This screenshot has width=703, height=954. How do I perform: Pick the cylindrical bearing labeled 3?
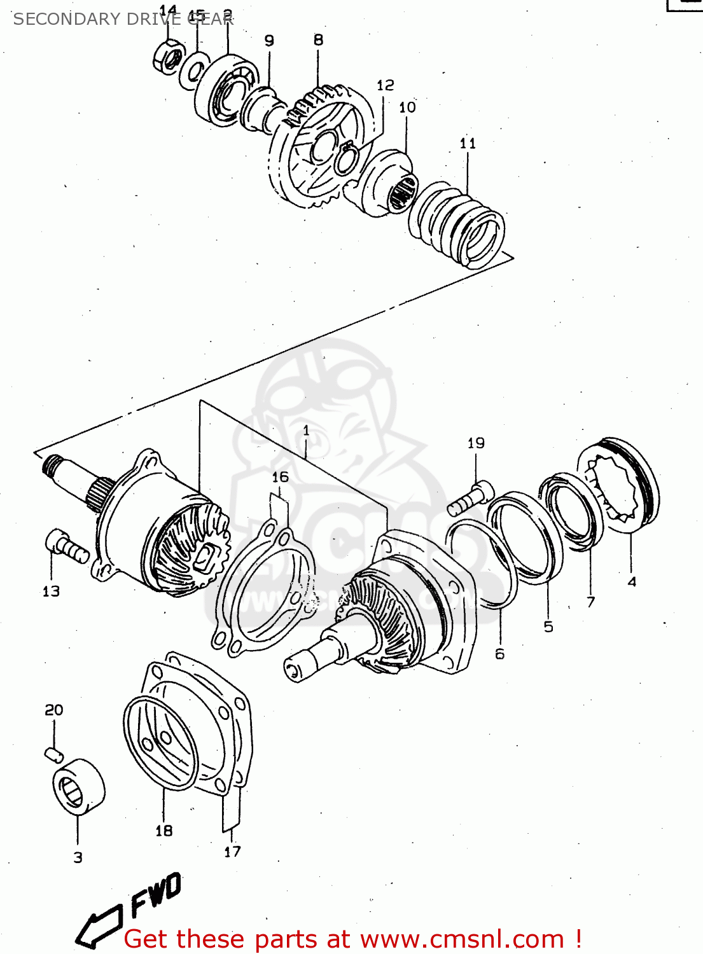tap(78, 787)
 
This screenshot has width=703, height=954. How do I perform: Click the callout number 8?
tap(318, 40)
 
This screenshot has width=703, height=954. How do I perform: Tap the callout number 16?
tap(280, 477)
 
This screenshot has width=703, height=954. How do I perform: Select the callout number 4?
tap(632, 581)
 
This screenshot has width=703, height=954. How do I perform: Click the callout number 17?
tap(233, 852)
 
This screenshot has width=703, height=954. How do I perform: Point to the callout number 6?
tap(500, 654)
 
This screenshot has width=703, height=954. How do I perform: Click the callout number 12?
tap(386, 85)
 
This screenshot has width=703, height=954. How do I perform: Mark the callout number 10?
tap(407, 107)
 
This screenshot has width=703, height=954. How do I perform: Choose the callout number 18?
tap(164, 831)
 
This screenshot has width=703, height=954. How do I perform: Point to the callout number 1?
tap(306, 431)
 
